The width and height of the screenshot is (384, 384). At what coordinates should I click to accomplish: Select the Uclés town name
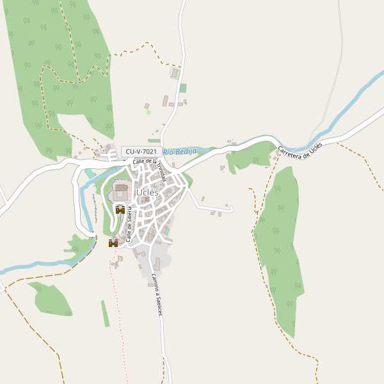pos(147,192)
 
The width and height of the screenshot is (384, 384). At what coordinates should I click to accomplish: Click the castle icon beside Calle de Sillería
pos(120,210)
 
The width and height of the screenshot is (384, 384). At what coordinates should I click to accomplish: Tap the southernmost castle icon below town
pos(113,243)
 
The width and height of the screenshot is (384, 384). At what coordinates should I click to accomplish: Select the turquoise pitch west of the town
pos(90,173)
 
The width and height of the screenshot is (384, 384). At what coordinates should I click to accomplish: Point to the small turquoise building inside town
pos(166,230)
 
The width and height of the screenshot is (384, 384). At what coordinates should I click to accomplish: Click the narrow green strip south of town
pos(105,314)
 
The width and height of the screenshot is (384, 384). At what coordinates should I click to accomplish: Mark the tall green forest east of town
pos(278,243)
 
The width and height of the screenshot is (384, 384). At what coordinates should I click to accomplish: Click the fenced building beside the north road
pos(175,74)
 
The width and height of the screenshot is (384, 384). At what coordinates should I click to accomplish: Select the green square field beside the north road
pos(183,88)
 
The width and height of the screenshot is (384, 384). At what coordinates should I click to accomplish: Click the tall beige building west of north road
pos(165,100)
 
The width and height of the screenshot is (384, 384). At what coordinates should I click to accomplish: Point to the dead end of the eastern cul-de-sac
pos(231,209)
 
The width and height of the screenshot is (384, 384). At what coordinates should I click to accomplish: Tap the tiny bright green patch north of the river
pos(148,112)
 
